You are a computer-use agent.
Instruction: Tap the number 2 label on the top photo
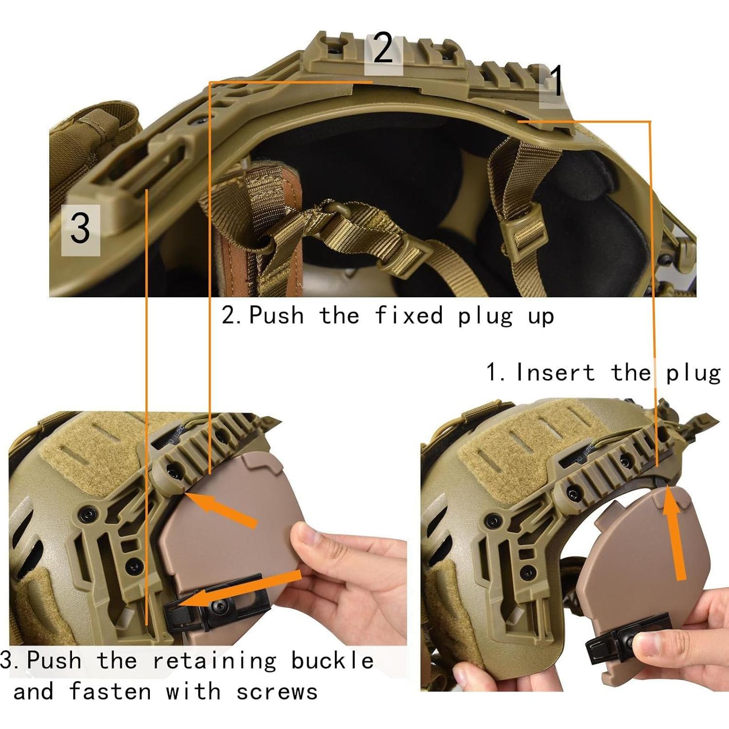pos(383,49)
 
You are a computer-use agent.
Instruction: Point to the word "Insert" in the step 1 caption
pos(555,373)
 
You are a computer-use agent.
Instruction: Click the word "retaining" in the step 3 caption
pos(215,661)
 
